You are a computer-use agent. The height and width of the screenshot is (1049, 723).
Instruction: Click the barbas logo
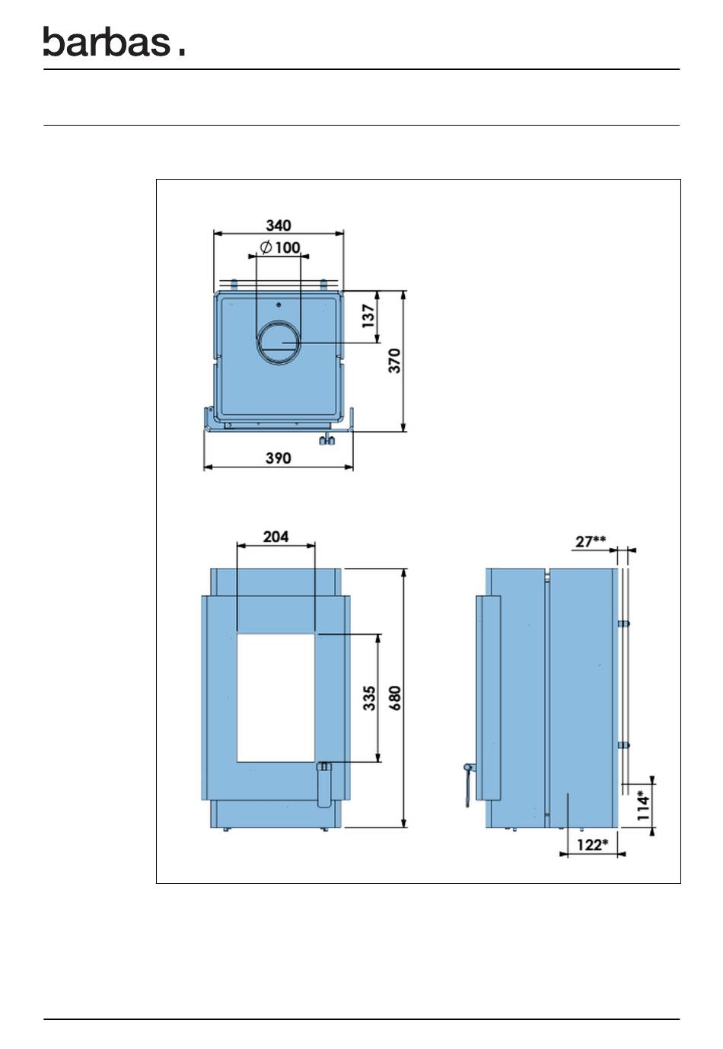114,41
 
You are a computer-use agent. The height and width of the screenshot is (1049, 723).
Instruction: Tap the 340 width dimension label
278,225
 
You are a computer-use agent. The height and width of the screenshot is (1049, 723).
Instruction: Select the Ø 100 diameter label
280,247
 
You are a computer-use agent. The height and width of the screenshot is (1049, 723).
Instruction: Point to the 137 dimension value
369,316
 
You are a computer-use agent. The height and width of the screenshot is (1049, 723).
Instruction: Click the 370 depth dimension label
395,361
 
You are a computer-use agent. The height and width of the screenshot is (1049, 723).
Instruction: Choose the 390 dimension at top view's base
278,458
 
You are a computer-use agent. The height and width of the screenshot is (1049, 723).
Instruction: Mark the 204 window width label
276,536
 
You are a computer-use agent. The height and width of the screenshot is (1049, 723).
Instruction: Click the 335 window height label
369,698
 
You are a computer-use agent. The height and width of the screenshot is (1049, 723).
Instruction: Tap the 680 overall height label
395,698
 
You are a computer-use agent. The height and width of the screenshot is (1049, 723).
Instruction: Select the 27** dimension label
591,541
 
